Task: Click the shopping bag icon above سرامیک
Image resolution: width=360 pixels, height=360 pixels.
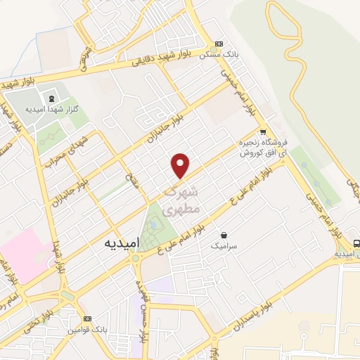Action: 224,235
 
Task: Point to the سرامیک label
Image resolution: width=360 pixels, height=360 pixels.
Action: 224,247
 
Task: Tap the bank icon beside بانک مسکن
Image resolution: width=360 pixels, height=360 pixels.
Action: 219,43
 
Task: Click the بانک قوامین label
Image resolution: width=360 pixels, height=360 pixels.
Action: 89,330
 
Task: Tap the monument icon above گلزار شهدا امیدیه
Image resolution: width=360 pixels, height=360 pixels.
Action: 51,97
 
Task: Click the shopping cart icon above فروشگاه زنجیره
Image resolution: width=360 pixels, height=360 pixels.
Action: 262,131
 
